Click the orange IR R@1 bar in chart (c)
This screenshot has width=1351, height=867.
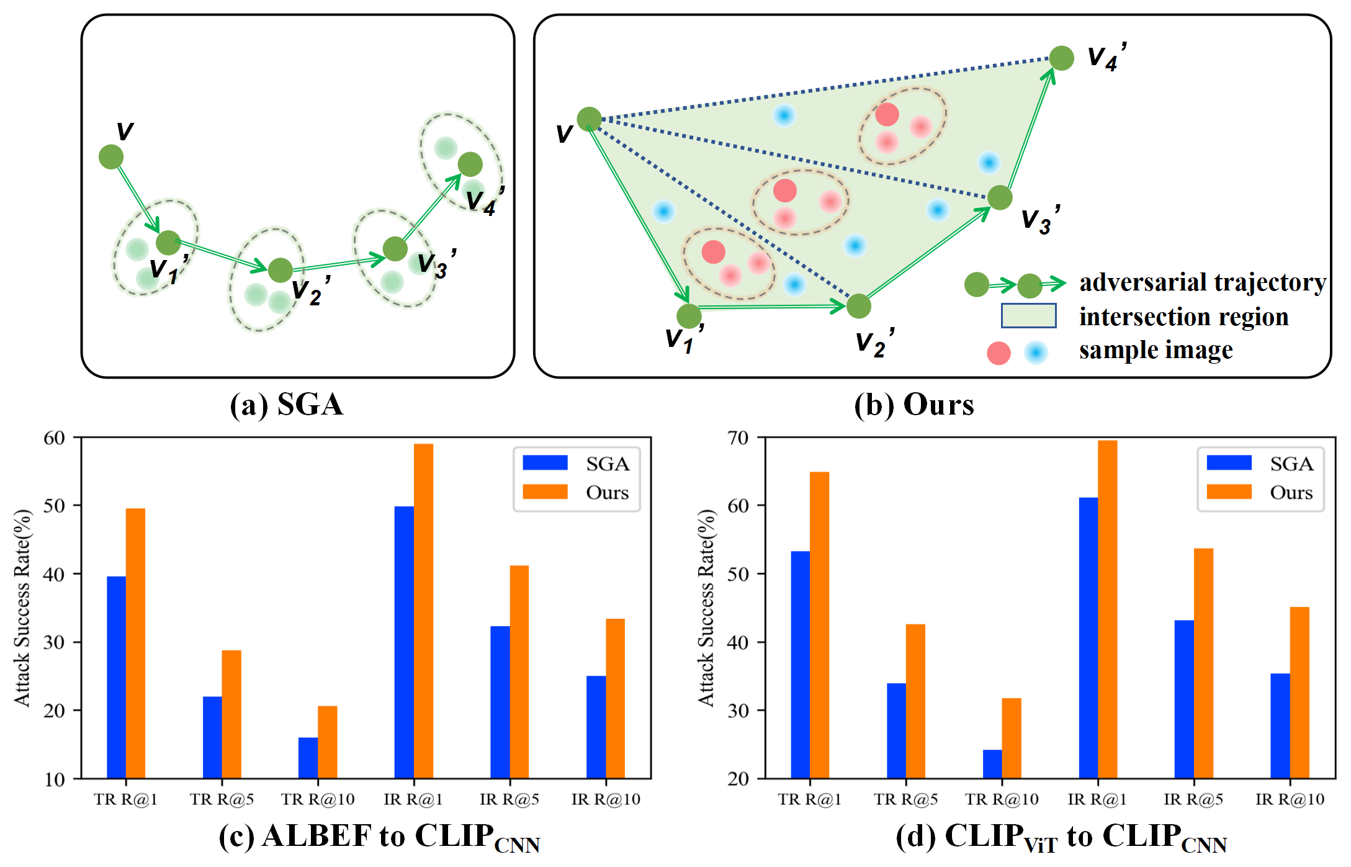[x=423, y=611]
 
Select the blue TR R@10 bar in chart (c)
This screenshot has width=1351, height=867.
[x=308, y=758]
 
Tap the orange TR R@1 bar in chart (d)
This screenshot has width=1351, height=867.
[x=819, y=625]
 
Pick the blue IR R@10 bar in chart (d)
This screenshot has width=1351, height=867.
[x=1280, y=725]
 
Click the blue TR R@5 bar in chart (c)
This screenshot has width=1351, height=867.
[x=212, y=737]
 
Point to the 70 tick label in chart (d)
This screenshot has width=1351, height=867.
[x=738, y=438]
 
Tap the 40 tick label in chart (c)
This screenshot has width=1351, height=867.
[x=54, y=574]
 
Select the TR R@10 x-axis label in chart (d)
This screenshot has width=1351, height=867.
[x=1002, y=799]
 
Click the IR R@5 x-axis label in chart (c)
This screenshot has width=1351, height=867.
[x=509, y=799]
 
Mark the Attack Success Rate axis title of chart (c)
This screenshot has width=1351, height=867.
[x=22, y=608]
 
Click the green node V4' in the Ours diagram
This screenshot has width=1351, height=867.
[x=1061, y=58]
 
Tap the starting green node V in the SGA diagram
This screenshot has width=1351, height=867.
[x=111, y=157]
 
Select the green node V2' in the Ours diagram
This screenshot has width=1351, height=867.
[x=859, y=306]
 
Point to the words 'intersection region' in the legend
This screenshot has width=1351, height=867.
[x=1183, y=317]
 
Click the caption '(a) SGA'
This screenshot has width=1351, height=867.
[x=286, y=405]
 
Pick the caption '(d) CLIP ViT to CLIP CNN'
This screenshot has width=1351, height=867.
[x=1061, y=837]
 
